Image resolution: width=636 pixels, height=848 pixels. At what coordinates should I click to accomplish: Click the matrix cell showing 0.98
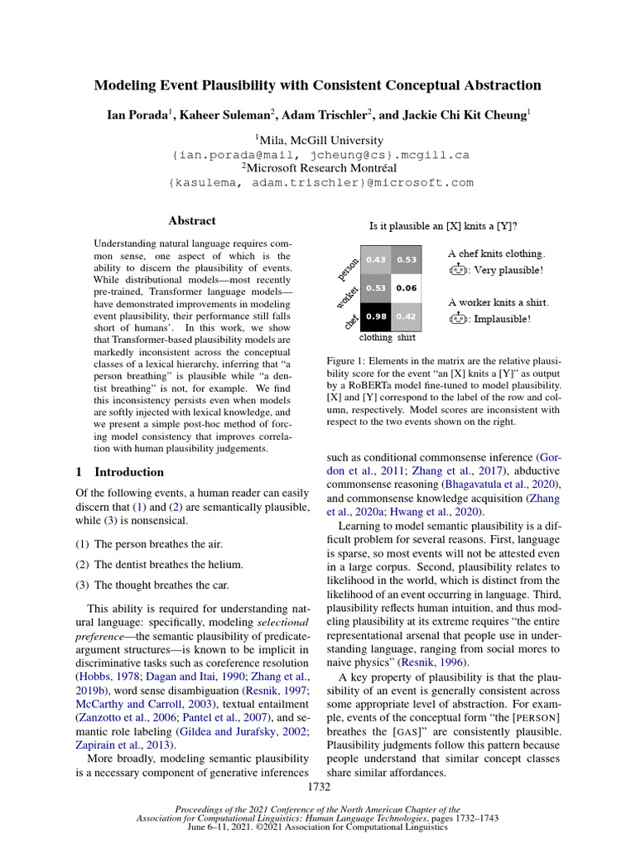pyautogui.click(x=376, y=316)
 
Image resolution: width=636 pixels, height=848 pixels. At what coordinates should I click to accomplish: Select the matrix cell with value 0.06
pyautogui.click(x=407, y=288)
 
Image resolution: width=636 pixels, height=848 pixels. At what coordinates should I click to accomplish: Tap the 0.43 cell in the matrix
pyautogui.click(x=376, y=260)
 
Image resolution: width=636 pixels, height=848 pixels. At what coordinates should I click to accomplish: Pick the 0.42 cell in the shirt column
pyautogui.click(x=407, y=316)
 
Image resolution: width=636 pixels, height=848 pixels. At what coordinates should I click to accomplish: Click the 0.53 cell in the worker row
pyautogui.click(x=376, y=288)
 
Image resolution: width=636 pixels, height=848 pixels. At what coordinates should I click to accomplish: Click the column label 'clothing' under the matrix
pyautogui.click(x=376, y=338)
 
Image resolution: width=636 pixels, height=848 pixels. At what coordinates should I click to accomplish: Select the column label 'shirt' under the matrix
pyautogui.click(x=407, y=338)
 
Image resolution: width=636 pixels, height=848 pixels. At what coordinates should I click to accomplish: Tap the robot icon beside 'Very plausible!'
pyautogui.click(x=457, y=270)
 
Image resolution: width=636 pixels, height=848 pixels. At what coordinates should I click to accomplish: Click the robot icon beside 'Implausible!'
pyautogui.click(x=457, y=318)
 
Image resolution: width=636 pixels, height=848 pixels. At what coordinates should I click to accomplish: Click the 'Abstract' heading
pyautogui.click(x=191, y=221)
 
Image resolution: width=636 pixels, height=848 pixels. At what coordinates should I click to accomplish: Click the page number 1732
pyautogui.click(x=318, y=786)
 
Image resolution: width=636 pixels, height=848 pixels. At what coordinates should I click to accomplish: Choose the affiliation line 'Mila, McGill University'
pyautogui.click(x=319, y=140)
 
